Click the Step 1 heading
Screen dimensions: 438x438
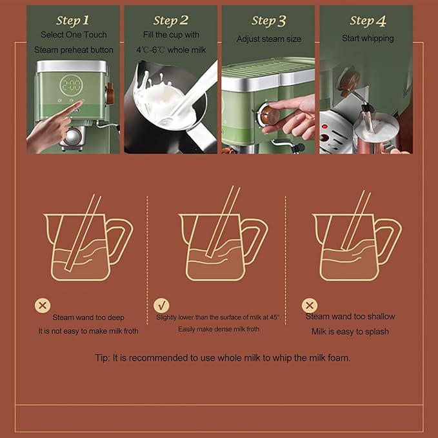pos(72,21)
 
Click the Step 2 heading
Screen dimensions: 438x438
pos(171,21)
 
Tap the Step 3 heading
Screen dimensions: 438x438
pos(268,21)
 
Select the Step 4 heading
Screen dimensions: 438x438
pos(366,21)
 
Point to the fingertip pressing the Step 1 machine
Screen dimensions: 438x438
pos(79,104)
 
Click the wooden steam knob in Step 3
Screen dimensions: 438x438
pos(270,115)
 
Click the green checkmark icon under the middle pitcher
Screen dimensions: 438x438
pos(161,305)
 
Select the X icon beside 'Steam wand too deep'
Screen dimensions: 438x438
pos(43,305)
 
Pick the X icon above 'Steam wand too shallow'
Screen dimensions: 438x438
pos(310,305)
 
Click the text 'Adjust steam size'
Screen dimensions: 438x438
pos(268,39)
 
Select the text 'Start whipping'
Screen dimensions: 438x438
pos(366,38)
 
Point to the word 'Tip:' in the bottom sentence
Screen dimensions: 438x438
pos(103,357)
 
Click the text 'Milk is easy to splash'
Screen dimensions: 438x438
pos(350,332)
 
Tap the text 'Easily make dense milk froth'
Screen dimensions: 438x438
pos(219,329)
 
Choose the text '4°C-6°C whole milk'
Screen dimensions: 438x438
pos(171,50)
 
